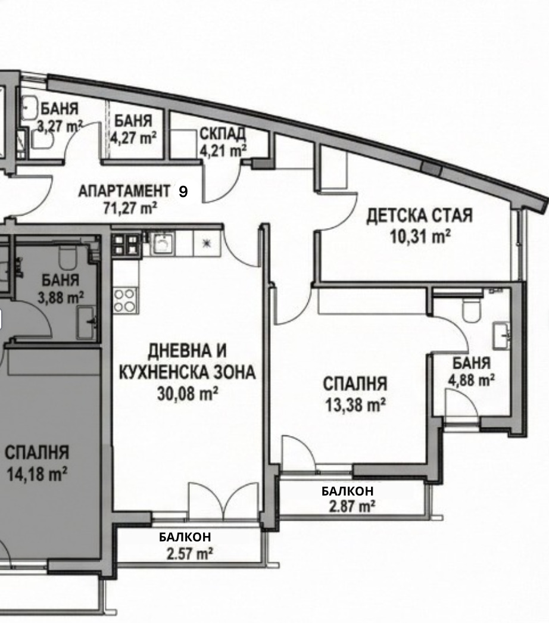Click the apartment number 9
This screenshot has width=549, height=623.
tap(183, 192)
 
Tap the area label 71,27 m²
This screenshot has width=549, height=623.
tap(130, 208)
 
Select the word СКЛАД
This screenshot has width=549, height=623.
tap(223, 134)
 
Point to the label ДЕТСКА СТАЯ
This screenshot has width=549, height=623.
tap(420, 216)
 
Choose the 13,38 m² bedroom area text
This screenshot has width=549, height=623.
tap(355, 405)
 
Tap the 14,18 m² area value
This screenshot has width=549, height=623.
tap(36, 474)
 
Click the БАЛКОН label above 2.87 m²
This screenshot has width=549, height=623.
tap(348, 491)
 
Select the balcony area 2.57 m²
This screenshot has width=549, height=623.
tap(189, 553)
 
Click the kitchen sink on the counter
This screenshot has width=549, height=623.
tap(163, 243)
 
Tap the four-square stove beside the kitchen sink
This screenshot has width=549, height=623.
tap(127, 244)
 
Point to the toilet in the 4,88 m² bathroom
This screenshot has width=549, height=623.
tap(472, 309)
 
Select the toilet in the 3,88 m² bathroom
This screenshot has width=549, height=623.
tap(67, 257)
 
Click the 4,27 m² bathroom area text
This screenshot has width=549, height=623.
tap(133, 138)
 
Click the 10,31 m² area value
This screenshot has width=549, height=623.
tap(420, 237)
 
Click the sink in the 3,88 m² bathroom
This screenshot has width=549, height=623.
tap(86, 322)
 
